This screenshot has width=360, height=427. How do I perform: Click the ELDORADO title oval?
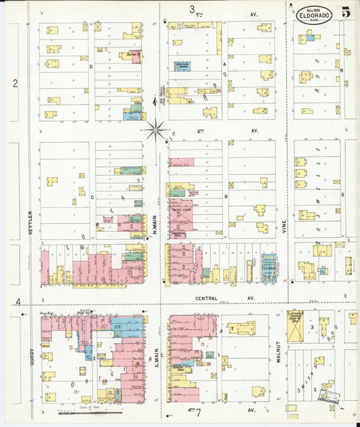point(313,15)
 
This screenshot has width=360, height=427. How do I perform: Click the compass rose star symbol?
point(157,128)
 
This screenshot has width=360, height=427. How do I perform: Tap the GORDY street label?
point(31,355)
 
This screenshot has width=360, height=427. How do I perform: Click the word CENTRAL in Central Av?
point(206,298)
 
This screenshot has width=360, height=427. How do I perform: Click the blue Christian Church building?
point(182,67)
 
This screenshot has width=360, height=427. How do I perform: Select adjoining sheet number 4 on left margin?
point(19,301)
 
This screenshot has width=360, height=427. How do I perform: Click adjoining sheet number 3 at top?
point(192,9)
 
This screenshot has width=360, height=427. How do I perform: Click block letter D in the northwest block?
point(91,67)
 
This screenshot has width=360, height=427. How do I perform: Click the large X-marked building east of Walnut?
point(295,327)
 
